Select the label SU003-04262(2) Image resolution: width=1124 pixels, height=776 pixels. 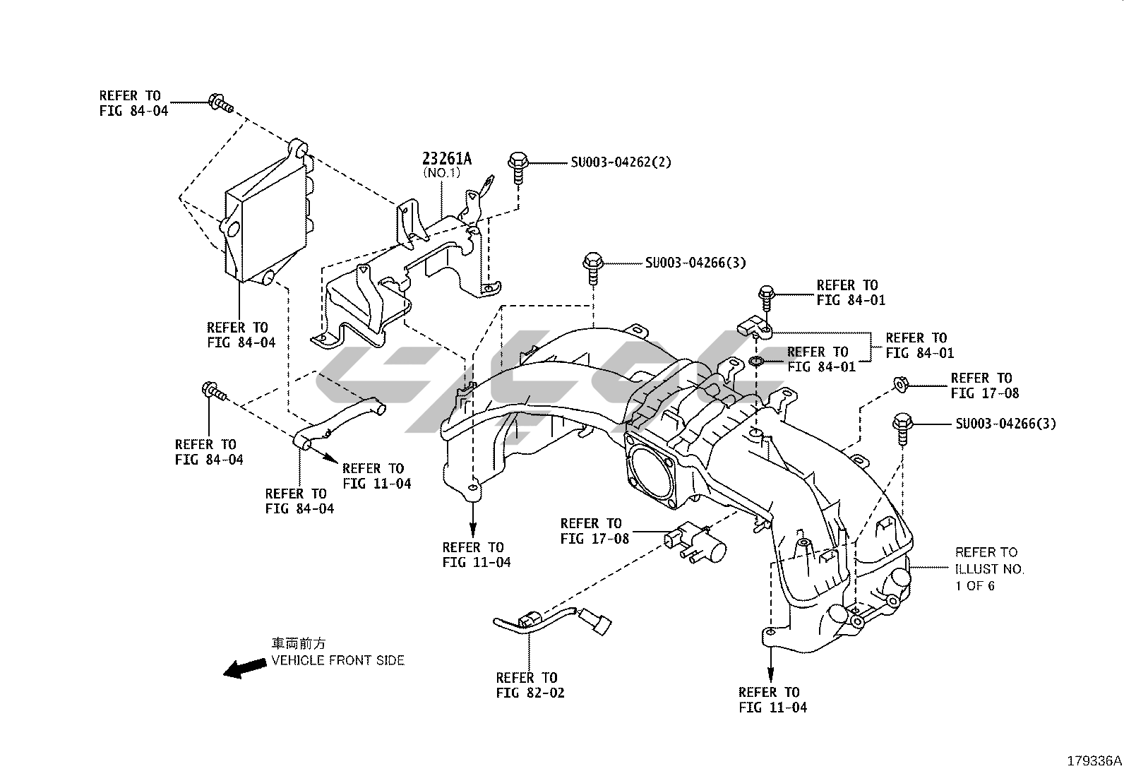point(621,162)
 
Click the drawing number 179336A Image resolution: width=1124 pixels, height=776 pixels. point(1094,761)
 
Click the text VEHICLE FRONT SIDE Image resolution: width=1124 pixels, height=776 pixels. point(338,660)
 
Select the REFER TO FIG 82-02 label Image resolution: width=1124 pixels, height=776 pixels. point(530,685)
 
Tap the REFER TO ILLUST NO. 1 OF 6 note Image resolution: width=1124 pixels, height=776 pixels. point(989,568)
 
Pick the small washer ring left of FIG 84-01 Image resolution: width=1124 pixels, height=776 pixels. point(755,363)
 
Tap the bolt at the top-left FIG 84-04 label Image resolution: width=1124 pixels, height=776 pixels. point(219,103)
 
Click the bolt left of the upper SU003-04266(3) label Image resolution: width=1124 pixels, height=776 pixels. point(592,267)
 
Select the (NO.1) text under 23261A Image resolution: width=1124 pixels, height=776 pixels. point(441,172)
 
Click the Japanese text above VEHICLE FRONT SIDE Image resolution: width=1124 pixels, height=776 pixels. point(299,643)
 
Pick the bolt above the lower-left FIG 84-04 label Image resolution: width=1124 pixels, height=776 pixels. point(213,391)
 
